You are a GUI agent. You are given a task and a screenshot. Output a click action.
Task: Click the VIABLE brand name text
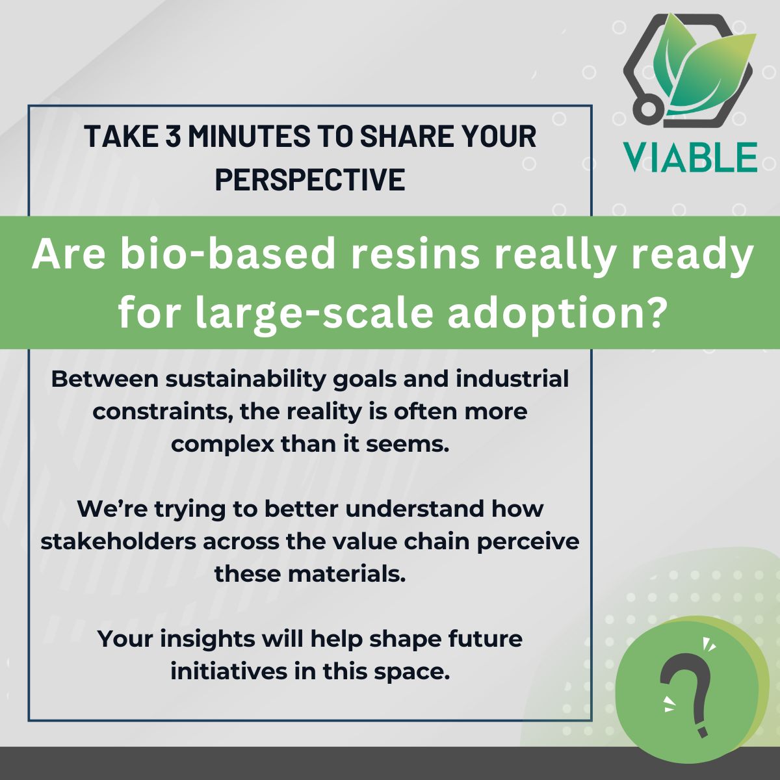click(x=690, y=157)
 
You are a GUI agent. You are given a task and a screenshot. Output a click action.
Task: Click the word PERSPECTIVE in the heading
click(x=310, y=179)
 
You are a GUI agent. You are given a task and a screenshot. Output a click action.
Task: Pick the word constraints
click(x=163, y=412)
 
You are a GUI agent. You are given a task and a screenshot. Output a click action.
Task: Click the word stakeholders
click(x=118, y=542)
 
